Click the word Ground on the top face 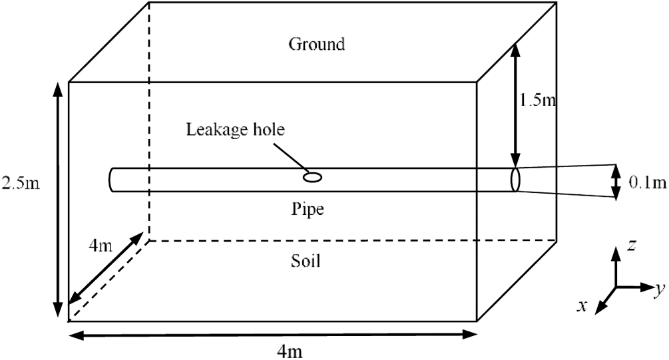point(316,45)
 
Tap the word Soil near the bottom point(306,261)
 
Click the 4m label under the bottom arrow point(291,350)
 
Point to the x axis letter point(581,305)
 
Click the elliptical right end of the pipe point(515,180)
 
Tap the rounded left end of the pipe point(111,180)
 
